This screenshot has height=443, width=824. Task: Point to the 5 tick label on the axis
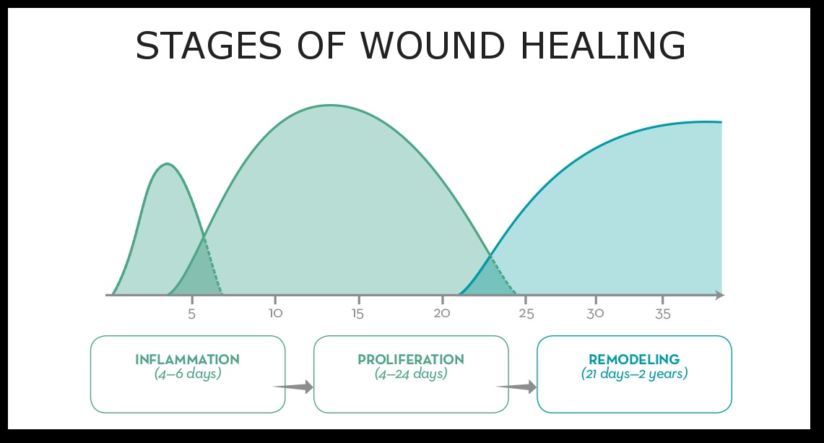tap(191, 314)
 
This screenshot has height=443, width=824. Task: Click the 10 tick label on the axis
tap(274, 314)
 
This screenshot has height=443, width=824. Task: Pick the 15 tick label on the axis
tap(357, 314)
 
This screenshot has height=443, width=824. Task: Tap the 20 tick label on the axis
tap(442, 314)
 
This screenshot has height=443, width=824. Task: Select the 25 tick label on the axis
tap(526, 314)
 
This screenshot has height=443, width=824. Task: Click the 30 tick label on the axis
tap(595, 314)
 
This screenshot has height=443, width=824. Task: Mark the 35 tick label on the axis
tap(663, 314)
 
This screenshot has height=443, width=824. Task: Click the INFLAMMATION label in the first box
tap(187, 359)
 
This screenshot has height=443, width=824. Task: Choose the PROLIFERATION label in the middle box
tap(411, 359)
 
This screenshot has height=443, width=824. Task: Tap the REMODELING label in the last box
tap(634, 359)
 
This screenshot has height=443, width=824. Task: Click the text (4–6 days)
tap(187, 374)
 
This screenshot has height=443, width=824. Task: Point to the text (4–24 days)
tap(411, 374)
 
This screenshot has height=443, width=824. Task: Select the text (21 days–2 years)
tap(634, 374)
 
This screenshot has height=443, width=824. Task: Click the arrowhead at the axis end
tap(720, 295)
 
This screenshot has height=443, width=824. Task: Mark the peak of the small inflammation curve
tap(167, 164)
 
